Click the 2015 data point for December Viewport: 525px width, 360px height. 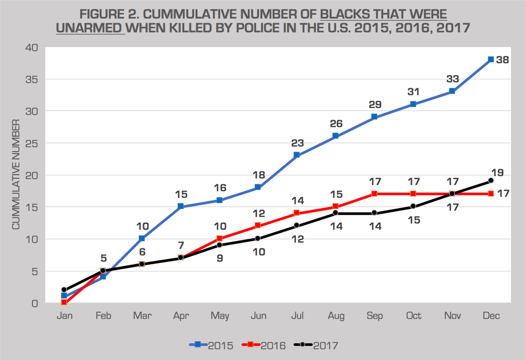click(x=491, y=60)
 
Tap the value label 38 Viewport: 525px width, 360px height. click(x=503, y=60)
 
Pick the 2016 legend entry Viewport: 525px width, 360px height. click(x=264, y=345)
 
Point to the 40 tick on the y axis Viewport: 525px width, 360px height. click(x=32, y=47)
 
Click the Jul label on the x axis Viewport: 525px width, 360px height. click(x=297, y=316)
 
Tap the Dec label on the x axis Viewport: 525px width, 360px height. click(x=491, y=316)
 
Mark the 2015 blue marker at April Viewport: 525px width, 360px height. click(x=181, y=207)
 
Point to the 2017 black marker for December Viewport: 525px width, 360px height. click(x=491, y=180)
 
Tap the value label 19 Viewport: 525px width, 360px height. click(x=497, y=172)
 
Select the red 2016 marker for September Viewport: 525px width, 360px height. click(x=374, y=194)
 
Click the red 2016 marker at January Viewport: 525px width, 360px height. click(x=64, y=303)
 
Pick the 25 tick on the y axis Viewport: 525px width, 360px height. click(x=32, y=143)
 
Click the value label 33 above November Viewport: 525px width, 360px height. click(x=452, y=79)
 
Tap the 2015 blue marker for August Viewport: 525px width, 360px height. click(x=335, y=136)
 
